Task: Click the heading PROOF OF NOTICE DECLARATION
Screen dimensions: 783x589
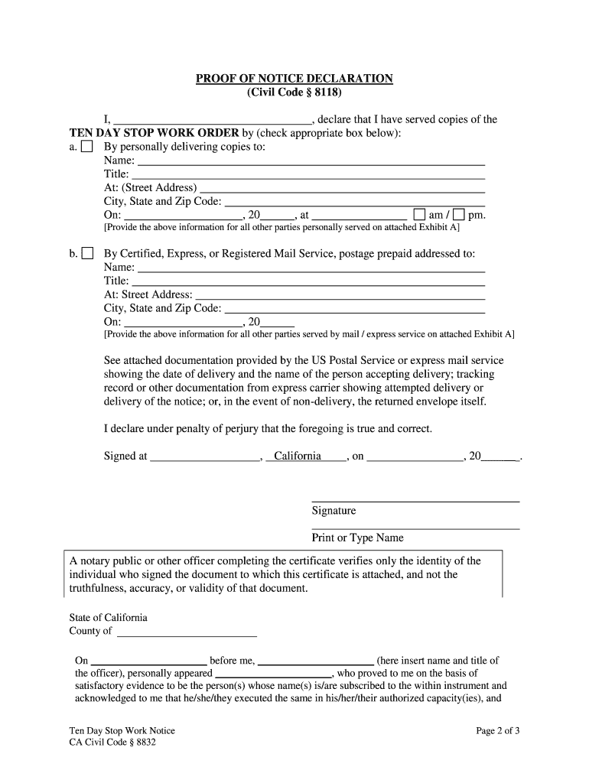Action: (294, 79)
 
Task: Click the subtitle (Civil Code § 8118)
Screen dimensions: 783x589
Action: (294, 93)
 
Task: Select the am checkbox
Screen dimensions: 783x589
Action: (419, 214)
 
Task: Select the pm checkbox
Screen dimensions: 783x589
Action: (458, 214)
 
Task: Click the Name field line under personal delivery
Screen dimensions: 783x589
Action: (311, 161)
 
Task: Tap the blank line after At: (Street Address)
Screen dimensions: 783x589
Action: (342, 188)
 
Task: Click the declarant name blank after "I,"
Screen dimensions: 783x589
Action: (212, 120)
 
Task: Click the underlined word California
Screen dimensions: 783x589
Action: (298, 456)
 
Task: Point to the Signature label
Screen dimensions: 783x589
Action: (334, 511)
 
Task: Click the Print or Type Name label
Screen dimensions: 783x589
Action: (357, 538)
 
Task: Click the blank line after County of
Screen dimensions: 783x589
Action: (186, 632)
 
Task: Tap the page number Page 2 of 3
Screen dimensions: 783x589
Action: (497, 731)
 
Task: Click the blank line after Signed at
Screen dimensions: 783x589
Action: (205, 457)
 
